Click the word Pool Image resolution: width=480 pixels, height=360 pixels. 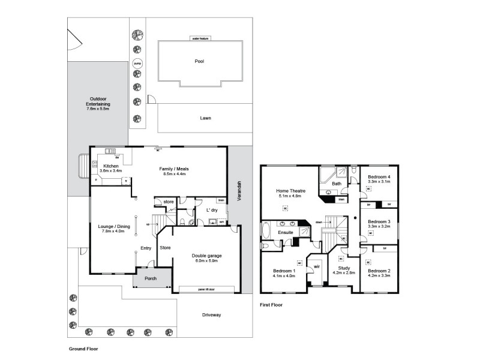click(x=199, y=61)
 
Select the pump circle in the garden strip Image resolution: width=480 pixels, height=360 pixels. click(x=137, y=62)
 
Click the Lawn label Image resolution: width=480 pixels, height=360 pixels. click(x=205, y=118)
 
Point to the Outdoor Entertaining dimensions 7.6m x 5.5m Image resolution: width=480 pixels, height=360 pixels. click(x=98, y=109)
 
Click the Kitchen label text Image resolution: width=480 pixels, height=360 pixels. click(x=111, y=166)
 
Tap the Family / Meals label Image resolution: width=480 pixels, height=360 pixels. click(x=174, y=169)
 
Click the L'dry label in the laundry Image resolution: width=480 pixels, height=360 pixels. click(x=212, y=211)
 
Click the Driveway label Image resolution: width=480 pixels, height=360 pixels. click(x=211, y=314)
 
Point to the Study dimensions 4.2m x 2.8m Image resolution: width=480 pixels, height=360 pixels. click(x=343, y=273)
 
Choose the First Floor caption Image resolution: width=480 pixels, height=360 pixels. click(x=271, y=305)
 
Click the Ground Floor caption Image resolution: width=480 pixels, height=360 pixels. click(x=83, y=348)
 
